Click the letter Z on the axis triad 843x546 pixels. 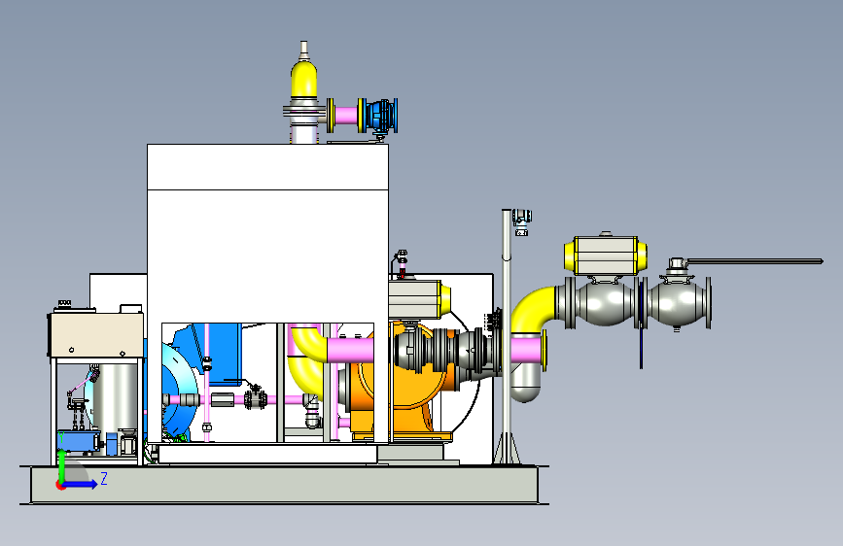tap(104, 478)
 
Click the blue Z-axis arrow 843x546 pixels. tap(81, 484)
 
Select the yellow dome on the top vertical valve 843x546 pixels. tap(303, 80)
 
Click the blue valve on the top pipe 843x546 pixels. tap(381, 116)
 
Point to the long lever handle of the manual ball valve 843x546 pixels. tap(755, 261)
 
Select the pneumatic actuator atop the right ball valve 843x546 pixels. tap(606, 256)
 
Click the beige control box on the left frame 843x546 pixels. tap(96, 335)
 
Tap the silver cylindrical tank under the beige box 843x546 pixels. tap(115, 396)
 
